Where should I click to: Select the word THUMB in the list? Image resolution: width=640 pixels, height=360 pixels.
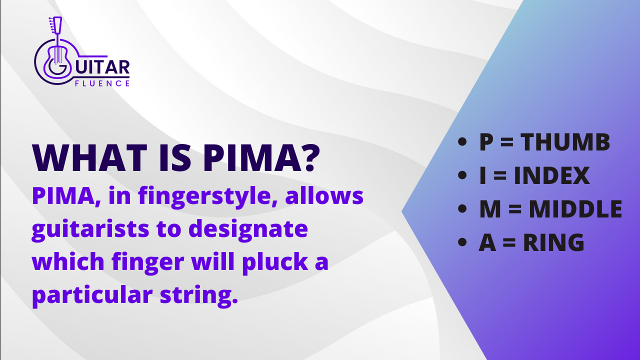(x=565, y=142)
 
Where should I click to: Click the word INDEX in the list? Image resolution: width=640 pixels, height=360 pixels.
(x=551, y=175)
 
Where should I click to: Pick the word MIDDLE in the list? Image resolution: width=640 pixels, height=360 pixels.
(x=575, y=209)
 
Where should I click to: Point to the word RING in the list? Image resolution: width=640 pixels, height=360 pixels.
(x=553, y=242)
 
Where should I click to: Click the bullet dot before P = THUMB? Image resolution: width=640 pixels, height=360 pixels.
(x=462, y=142)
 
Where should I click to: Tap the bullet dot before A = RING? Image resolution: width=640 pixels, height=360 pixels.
(x=462, y=242)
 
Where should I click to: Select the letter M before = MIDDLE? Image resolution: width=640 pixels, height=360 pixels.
(x=490, y=209)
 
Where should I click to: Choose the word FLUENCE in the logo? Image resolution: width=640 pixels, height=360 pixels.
(x=102, y=83)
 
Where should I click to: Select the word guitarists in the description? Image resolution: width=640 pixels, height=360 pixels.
(x=90, y=229)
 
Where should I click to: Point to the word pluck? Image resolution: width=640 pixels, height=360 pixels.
(x=275, y=263)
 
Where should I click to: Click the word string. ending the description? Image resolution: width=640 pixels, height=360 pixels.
(x=199, y=296)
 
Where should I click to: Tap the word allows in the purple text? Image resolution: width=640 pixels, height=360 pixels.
(x=324, y=196)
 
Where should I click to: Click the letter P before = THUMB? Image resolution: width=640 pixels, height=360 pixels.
(x=486, y=142)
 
